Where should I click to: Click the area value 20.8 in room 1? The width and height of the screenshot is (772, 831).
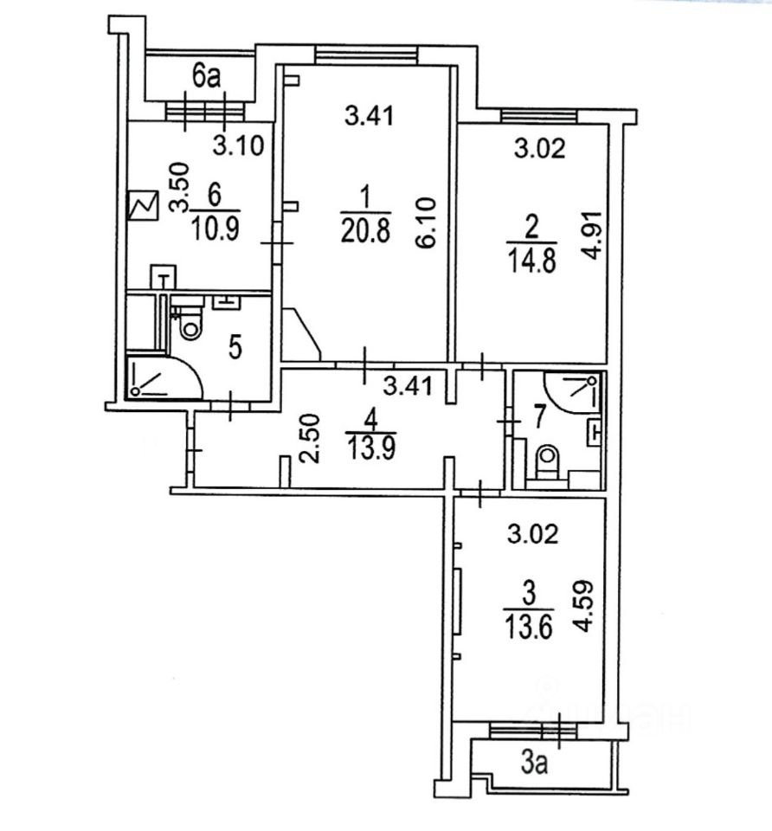pyautogui.click(x=364, y=230)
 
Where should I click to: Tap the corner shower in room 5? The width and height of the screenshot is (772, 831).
pyautogui.click(x=158, y=377)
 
